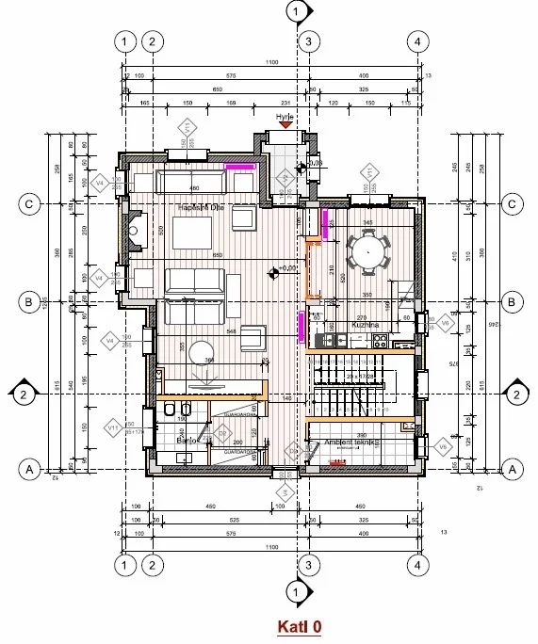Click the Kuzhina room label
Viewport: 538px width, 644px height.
click(x=366, y=325)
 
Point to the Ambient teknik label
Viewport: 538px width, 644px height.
click(x=351, y=442)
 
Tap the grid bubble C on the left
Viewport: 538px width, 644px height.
click(x=29, y=203)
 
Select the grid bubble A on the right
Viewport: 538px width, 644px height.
click(x=512, y=468)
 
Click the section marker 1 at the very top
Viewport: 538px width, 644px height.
click(x=298, y=11)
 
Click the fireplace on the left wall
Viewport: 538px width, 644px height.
click(x=136, y=229)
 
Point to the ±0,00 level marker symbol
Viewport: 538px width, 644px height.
click(x=272, y=273)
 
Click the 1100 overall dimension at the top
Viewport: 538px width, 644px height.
click(x=272, y=61)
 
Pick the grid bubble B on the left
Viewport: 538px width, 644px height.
click(x=29, y=302)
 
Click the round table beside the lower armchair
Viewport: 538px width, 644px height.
click(x=201, y=354)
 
